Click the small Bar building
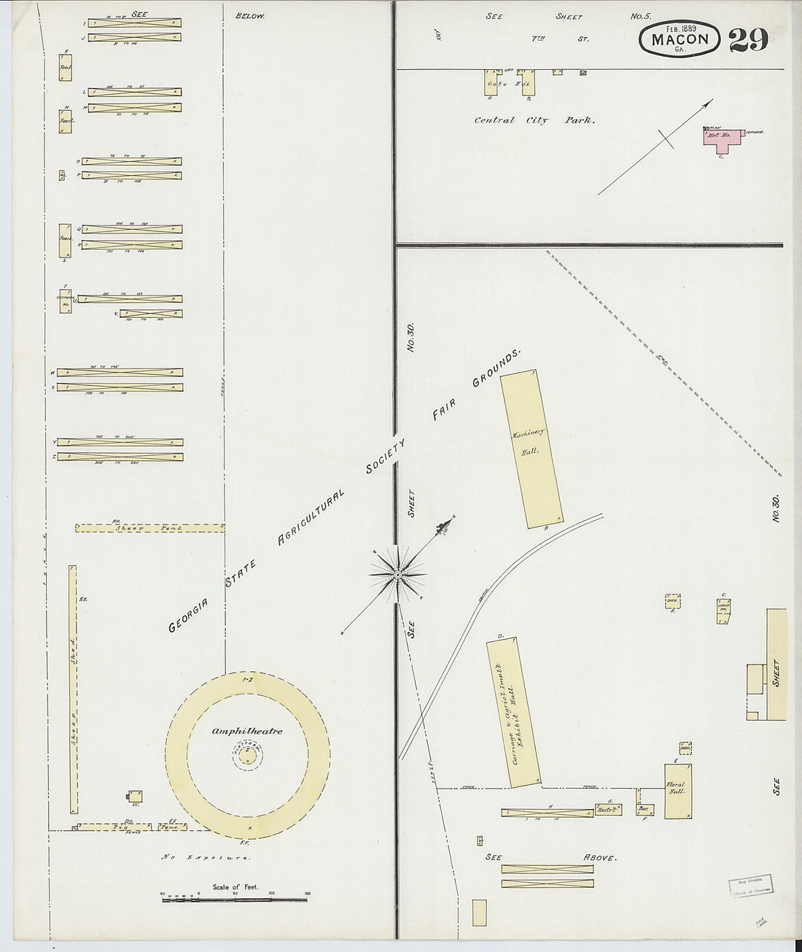click(x=644, y=809)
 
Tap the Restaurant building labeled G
click(x=605, y=810)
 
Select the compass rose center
click(x=398, y=576)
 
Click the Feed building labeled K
click(x=66, y=69)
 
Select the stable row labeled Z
click(x=120, y=457)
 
